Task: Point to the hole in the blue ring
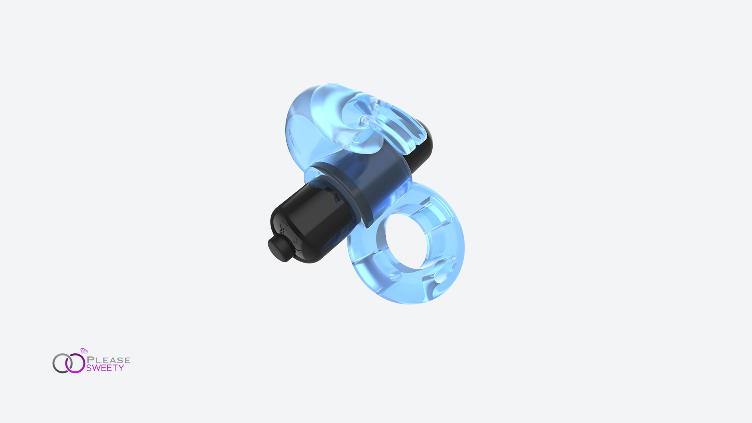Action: click(406, 241)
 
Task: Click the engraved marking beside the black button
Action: click(282, 227)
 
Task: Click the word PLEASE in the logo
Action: click(108, 360)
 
